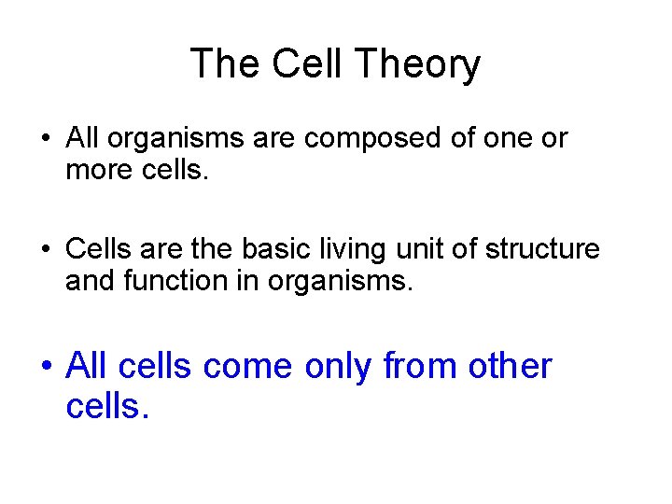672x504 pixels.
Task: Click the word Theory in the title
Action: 419,64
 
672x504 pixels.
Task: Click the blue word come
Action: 249,366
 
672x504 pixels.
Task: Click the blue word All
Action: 88,366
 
